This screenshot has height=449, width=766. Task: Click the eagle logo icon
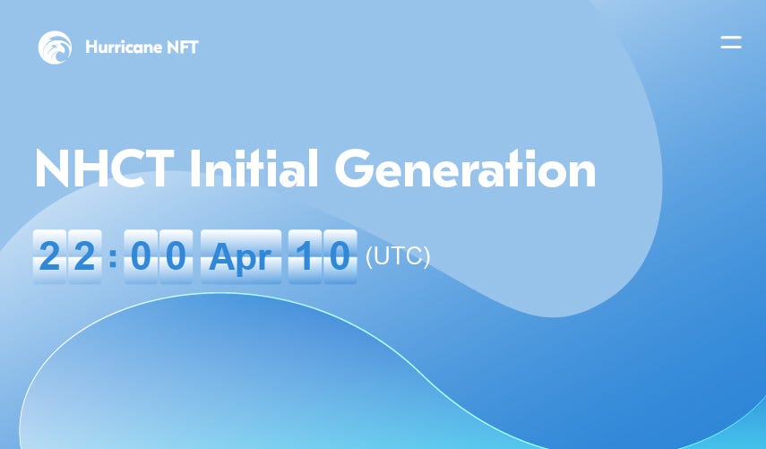tap(55, 47)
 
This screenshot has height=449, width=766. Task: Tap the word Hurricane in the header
tap(124, 47)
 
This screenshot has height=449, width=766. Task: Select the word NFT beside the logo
tap(183, 47)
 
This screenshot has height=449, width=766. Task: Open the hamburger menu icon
tap(731, 42)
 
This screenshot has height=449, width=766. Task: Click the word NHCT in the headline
tap(105, 168)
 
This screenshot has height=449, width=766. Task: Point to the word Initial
tap(254, 168)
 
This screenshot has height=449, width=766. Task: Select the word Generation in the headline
tap(465, 168)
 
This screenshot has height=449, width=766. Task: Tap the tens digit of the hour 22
tap(49, 256)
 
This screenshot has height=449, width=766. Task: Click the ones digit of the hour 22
tap(84, 256)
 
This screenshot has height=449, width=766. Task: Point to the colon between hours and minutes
tap(113, 257)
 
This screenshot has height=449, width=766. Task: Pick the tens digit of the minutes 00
tap(141, 256)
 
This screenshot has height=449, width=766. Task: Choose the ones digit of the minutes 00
tap(176, 256)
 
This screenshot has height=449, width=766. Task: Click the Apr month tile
tap(241, 256)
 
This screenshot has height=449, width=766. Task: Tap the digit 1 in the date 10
tap(305, 256)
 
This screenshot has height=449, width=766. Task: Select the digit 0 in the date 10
tap(340, 256)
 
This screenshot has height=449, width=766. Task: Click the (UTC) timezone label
tap(398, 256)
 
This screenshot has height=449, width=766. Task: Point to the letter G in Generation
tap(354, 168)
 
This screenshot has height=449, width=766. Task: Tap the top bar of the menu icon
tap(731, 37)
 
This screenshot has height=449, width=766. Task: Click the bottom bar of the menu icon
tap(731, 47)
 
